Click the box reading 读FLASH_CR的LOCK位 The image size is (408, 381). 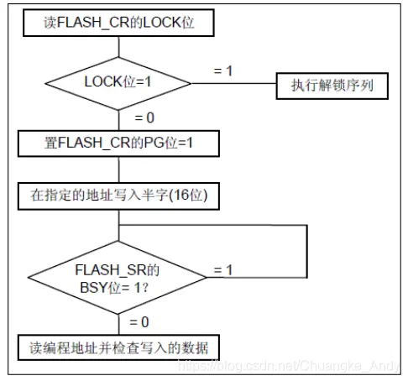pos(118,23)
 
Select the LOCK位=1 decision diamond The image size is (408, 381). pos(118,83)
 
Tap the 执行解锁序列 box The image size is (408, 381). pos(332,86)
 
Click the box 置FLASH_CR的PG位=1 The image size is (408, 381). pos(118,144)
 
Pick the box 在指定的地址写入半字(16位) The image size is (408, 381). pos(118,196)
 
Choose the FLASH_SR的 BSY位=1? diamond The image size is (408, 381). pos(118,278)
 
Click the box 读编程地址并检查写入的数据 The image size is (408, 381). pos(118,347)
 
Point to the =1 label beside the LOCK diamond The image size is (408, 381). pos(223,70)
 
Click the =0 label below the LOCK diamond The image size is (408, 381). pos(144,117)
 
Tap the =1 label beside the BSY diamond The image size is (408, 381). pos(223,270)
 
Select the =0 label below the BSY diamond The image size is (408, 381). pos(139,322)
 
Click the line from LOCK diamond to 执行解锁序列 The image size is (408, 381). pos(234,83)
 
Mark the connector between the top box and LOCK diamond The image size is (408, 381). pos(118,47)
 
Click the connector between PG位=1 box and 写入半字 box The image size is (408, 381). pos(118,170)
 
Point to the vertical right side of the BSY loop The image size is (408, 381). pos(307,251)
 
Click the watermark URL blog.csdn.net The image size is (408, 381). pos(289,366)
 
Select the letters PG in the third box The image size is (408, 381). pos(154,143)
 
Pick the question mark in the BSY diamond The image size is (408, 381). pos(145,288)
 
